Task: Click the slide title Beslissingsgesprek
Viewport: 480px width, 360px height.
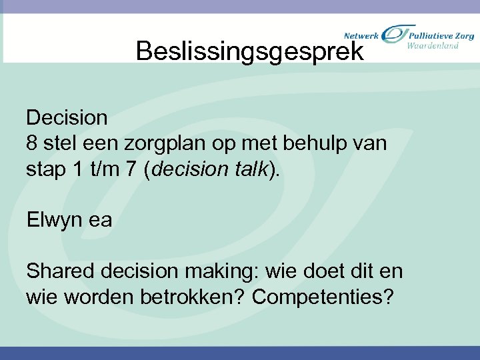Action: click(250, 51)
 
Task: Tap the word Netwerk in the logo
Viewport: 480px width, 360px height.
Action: click(361, 35)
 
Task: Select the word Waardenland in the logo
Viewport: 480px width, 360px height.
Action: click(433, 45)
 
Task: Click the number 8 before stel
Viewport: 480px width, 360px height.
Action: click(32, 143)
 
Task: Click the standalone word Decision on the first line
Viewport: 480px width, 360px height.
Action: click(67, 118)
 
